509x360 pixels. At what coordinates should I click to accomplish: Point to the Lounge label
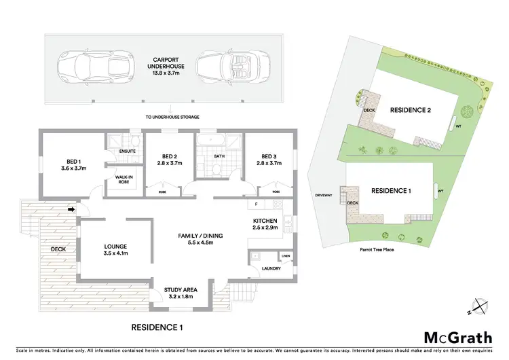coord(116,250)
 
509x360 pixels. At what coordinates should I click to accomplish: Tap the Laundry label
coord(271,268)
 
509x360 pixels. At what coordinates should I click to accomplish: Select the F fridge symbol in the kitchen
coord(256,204)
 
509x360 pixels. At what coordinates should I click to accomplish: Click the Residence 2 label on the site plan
coord(411,109)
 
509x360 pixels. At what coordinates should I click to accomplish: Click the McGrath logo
coord(455,338)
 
